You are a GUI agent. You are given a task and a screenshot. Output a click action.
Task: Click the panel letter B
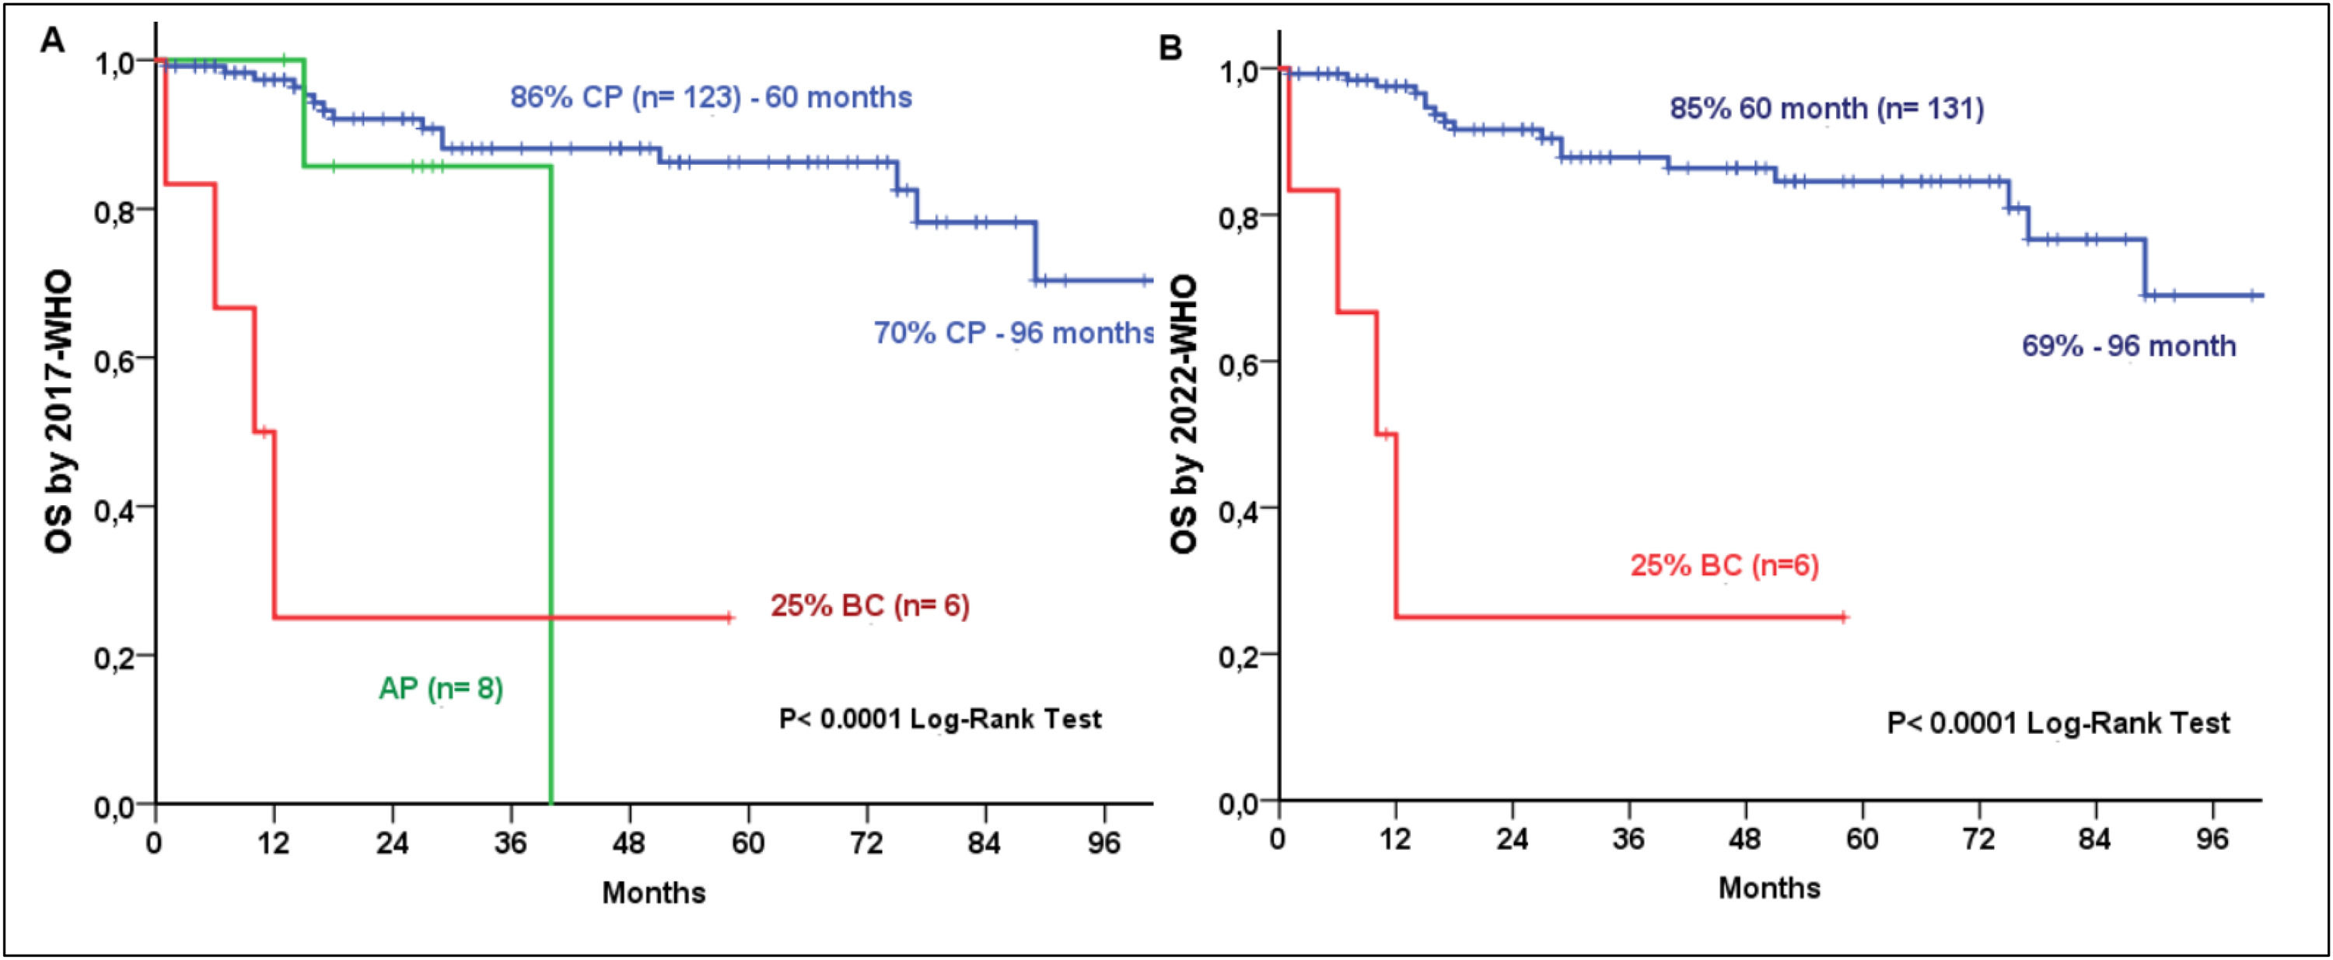1170,47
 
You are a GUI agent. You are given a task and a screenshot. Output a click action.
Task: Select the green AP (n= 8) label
440,689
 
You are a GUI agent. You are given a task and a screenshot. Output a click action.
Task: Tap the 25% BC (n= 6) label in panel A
869,606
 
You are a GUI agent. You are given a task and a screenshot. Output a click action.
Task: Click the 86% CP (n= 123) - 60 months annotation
711,98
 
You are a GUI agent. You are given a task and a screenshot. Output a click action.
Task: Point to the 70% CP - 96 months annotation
1013,333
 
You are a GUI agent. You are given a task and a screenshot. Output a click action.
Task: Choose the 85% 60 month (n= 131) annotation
1827,110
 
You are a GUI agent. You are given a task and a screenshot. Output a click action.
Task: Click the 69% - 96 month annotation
2128,347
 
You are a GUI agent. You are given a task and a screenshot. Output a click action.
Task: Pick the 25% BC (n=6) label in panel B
1724,566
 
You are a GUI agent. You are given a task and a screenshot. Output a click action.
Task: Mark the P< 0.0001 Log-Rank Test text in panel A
940,720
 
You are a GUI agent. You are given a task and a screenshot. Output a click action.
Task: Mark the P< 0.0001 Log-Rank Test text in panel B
2058,724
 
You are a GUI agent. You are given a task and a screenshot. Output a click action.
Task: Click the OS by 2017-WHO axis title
60,412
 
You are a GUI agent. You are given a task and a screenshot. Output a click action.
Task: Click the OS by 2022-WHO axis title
1184,415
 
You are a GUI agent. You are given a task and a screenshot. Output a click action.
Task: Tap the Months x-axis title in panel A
653,893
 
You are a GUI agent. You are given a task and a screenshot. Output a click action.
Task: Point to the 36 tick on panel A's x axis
511,844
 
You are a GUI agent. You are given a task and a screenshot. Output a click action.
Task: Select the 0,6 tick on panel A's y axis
120,358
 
